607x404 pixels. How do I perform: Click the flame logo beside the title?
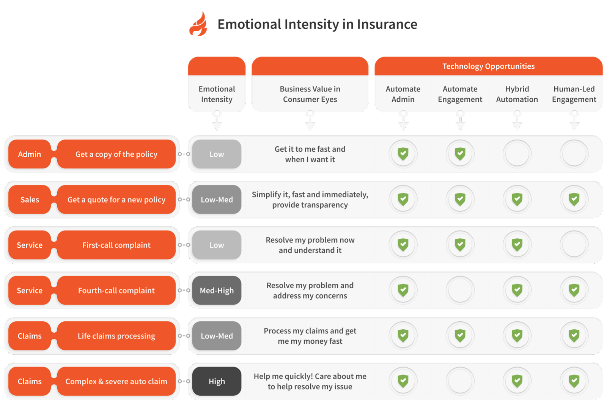point(198,25)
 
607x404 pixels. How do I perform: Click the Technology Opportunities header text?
point(488,66)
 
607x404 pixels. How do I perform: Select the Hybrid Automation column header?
point(517,94)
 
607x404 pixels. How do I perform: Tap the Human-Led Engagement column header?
point(574,94)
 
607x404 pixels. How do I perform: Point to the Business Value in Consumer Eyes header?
point(310,94)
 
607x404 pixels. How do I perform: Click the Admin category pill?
point(30,154)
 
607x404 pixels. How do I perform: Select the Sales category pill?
point(30,200)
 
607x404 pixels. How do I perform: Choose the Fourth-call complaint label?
point(116,291)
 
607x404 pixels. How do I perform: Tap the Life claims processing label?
point(116,336)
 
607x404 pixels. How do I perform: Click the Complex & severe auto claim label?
point(116,382)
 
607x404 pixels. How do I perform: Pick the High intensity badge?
point(217,382)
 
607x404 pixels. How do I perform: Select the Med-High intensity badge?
point(217,291)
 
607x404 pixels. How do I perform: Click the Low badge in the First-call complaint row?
point(217,245)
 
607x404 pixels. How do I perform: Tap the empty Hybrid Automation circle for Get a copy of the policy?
point(517,154)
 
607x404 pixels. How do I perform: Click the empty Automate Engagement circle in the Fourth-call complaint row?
point(460,291)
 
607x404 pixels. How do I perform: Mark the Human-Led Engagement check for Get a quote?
point(574,199)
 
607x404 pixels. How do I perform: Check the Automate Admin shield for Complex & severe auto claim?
point(403,381)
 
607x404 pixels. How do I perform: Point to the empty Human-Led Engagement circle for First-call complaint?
point(574,245)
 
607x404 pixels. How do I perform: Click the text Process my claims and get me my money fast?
point(310,336)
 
